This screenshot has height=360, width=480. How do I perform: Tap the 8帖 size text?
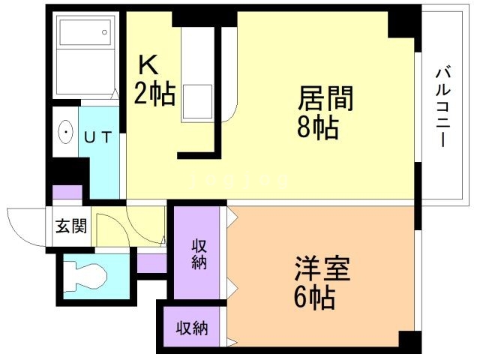(x=316, y=127)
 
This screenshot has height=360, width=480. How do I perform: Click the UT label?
(x=97, y=137)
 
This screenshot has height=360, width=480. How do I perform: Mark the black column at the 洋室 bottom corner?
(x=409, y=340)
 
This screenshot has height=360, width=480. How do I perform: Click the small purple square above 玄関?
(x=67, y=193)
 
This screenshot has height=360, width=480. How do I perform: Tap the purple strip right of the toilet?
(x=152, y=264)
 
